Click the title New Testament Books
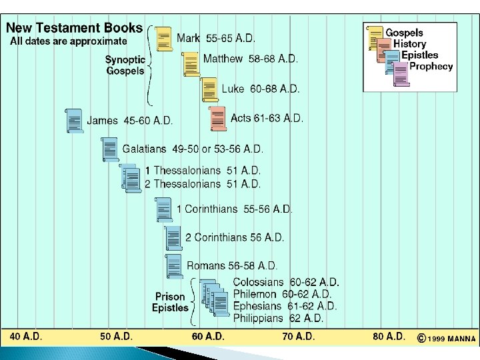(74, 28)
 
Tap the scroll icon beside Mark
(164, 39)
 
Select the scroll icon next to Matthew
(191, 64)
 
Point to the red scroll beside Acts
(218, 119)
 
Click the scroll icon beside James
(75, 121)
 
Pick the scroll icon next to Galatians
(110, 149)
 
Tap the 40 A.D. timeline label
(26, 337)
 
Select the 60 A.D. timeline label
(208, 337)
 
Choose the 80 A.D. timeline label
(389, 337)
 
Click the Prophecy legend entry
(431, 66)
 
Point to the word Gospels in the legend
(404, 33)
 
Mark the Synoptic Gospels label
(125, 65)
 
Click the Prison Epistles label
(170, 302)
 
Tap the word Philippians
(258, 318)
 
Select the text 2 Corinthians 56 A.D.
(235, 237)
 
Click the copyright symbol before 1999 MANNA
(421, 338)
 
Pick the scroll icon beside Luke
(209, 89)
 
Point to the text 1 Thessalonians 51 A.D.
(203, 171)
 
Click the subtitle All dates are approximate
(68, 41)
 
